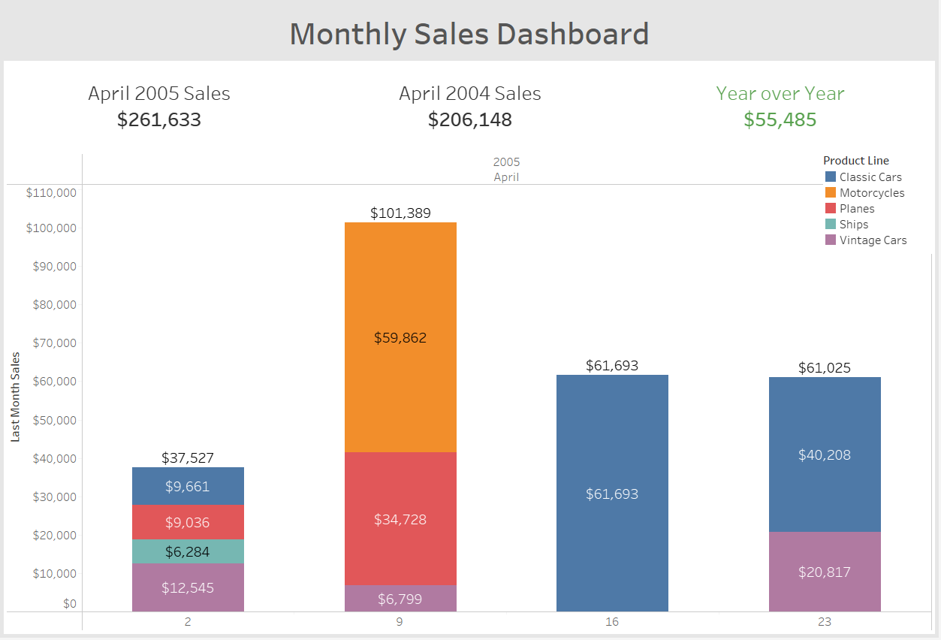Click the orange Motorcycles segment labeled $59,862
click(x=400, y=337)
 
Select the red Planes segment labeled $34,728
click(x=400, y=519)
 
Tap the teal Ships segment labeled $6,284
click(x=188, y=551)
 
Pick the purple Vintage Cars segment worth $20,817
click(x=825, y=572)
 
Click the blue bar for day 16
click(x=612, y=494)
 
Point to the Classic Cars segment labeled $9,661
click(x=188, y=486)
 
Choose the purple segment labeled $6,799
click(x=400, y=599)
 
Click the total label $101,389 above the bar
click(x=400, y=213)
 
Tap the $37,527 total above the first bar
click(x=188, y=458)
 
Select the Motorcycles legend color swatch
click(x=831, y=193)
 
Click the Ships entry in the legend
click(x=854, y=225)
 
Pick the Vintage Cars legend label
click(x=873, y=240)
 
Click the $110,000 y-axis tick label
click(x=51, y=192)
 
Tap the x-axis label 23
click(x=825, y=622)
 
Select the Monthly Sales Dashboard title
click(x=469, y=34)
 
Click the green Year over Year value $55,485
click(x=780, y=119)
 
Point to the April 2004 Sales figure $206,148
click(x=470, y=119)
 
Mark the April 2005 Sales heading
click(x=159, y=93)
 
